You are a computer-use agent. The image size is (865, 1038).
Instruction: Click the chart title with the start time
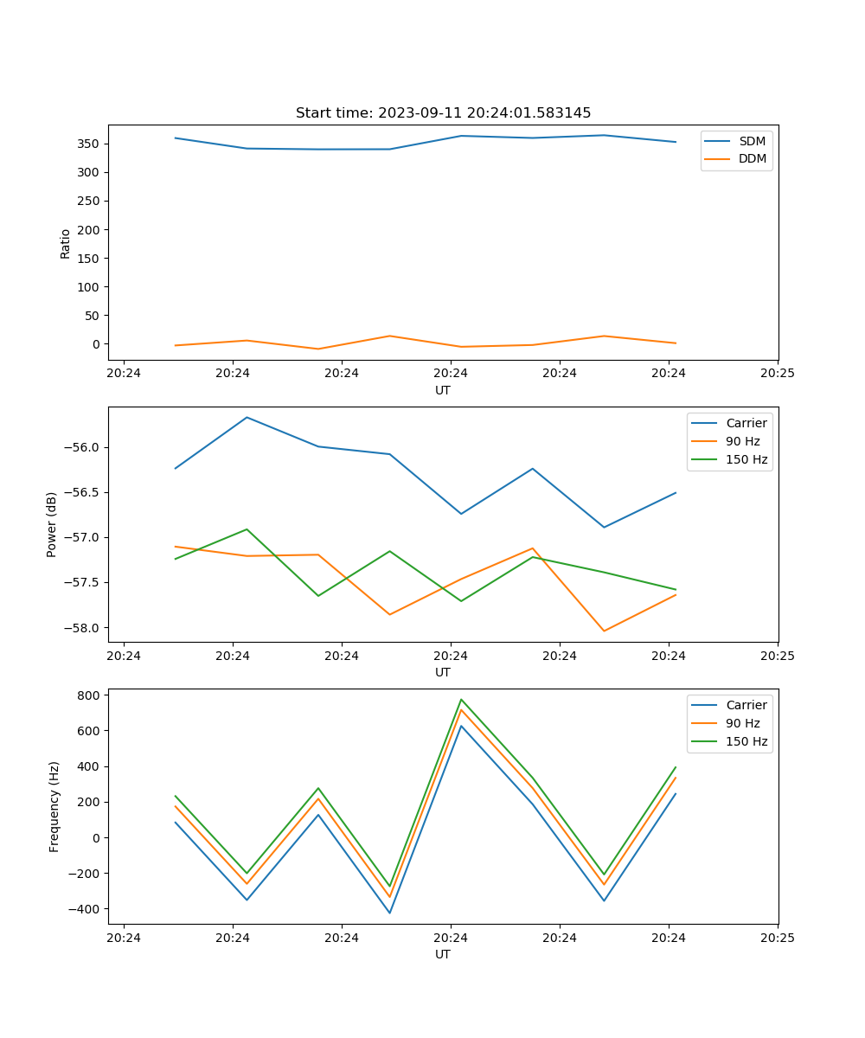(443, 113)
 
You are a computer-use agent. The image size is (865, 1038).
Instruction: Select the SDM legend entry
(752, 141)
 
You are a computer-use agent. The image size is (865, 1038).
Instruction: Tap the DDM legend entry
(752, 158)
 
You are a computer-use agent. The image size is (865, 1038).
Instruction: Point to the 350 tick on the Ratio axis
(91, 144)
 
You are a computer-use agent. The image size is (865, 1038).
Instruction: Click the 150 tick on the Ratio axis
(91, 258)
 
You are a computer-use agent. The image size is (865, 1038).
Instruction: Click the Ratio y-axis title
(66, 243)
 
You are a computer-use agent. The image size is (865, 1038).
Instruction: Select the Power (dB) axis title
(52, 524)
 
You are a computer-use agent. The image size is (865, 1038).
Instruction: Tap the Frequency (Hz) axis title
(54, 806)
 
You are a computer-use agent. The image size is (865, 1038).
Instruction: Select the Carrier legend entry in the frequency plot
(746, 705)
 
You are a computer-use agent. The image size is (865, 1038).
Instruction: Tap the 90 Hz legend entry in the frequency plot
(742, 723)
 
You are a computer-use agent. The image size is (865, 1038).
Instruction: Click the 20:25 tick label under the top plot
(777, 374)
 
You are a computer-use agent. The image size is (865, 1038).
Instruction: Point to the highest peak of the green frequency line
(461, 700)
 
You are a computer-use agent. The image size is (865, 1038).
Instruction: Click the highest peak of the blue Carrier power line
(247, 418)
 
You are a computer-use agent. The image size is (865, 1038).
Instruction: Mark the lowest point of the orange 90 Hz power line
(604, 631)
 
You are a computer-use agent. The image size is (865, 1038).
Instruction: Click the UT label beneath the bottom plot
(443, 954)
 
